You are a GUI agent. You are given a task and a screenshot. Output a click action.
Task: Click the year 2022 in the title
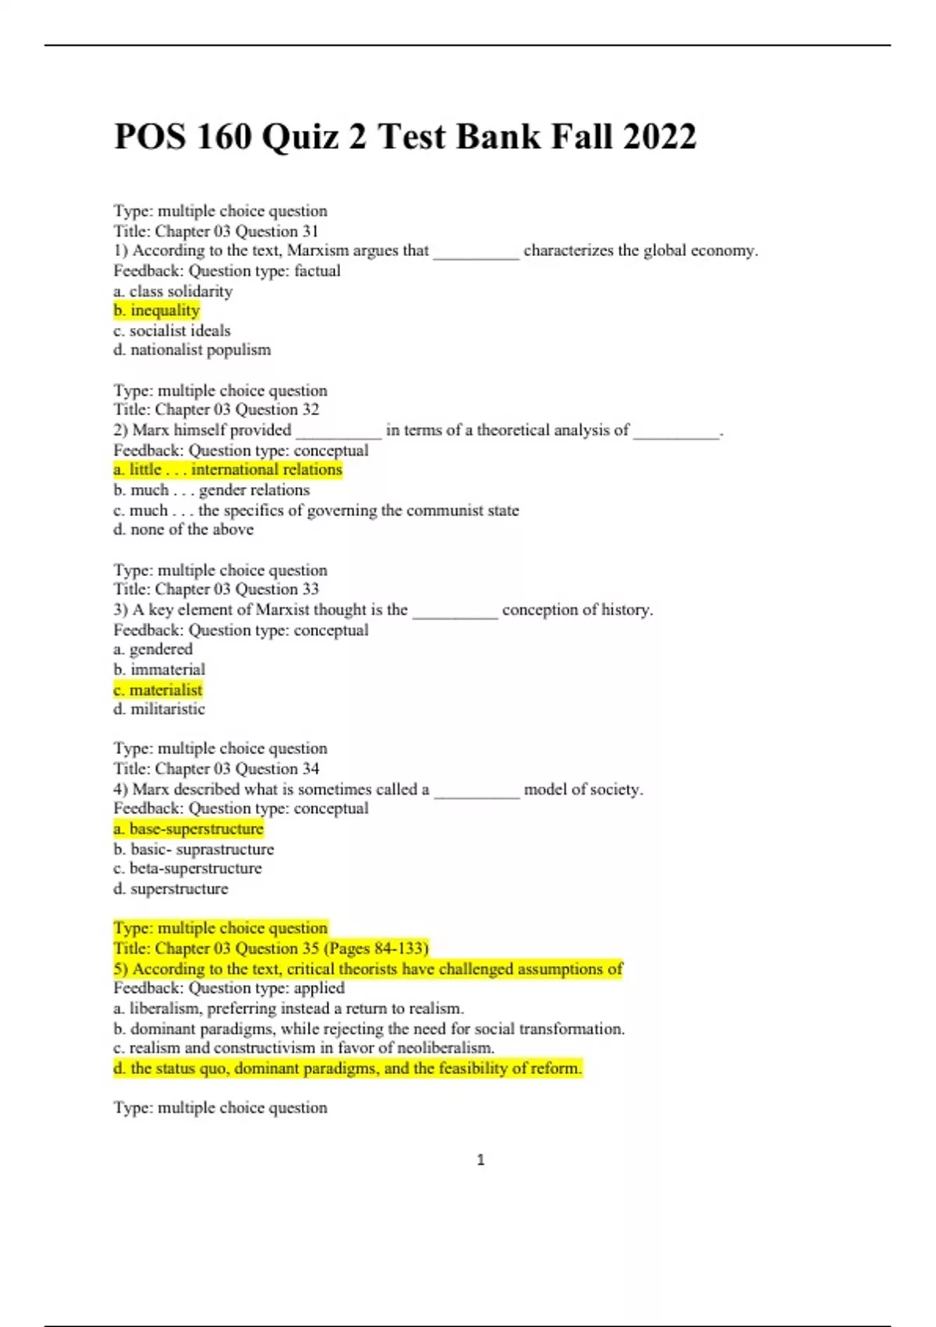659,137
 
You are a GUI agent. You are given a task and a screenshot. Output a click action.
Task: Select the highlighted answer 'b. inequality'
157,311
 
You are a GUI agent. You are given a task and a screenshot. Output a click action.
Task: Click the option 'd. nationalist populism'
192,350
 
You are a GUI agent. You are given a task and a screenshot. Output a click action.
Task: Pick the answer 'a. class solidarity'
173,291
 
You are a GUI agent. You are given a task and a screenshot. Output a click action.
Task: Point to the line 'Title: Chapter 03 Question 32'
216,410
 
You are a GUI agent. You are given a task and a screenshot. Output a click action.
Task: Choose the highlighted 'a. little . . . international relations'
228,470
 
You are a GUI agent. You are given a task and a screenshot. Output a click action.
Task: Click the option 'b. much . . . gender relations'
211,490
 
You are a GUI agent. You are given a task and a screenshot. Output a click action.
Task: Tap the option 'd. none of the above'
183,529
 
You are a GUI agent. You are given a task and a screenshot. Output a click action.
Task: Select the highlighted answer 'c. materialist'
158,690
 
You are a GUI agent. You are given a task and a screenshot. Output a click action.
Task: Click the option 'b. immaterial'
159,670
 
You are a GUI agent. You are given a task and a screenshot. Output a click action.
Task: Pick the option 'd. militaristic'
159,710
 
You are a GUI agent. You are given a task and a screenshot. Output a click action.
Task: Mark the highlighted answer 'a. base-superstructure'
189,829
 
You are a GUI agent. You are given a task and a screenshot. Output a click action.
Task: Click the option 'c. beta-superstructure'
187,869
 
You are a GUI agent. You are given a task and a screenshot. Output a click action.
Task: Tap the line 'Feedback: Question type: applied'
229,988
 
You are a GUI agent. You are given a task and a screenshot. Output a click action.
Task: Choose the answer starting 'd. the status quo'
348,1069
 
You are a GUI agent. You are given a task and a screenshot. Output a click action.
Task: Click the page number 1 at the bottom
480,1160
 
